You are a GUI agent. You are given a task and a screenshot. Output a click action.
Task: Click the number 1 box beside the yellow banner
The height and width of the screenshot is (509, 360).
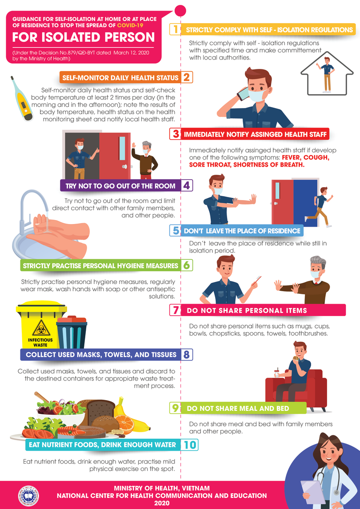(176, 30)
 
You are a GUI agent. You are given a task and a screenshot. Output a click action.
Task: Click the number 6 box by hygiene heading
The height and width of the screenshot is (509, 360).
(186, 265)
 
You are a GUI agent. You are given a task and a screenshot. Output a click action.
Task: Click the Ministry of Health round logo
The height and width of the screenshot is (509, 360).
(28, 495)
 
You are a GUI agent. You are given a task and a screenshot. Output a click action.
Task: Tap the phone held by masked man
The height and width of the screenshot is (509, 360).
(243, 94)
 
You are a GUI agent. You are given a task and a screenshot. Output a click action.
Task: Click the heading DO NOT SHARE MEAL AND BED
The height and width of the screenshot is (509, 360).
(238, 408)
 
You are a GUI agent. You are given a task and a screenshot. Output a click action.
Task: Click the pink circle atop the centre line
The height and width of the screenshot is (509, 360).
(180, 9)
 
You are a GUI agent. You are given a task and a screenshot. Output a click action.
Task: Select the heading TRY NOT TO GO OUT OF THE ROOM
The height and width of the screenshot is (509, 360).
(120, 185)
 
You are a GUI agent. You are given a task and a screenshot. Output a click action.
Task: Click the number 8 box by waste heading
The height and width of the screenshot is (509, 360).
(186, 354)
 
